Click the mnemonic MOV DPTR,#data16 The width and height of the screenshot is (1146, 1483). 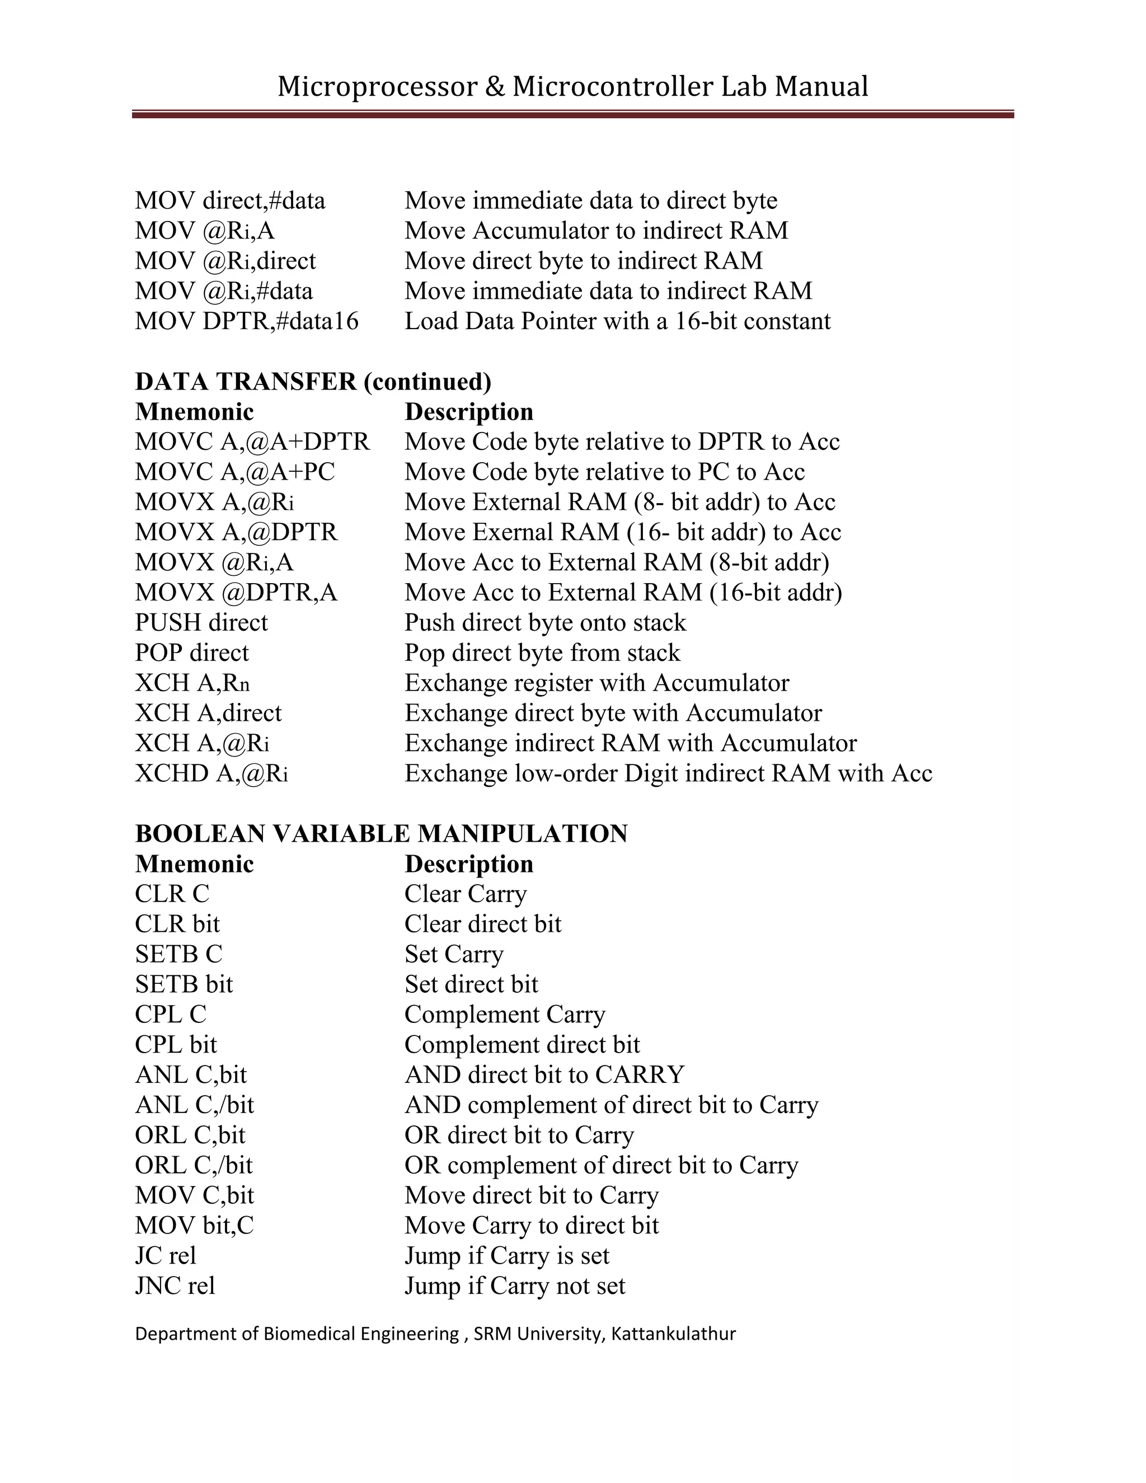[246, 321]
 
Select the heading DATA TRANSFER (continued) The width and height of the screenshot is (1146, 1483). [313, 382]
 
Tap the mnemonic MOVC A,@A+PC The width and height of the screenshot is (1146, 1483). [235, 472]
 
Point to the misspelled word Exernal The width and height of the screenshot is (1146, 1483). [512, 532]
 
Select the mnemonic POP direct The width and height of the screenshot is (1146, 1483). [191, 653]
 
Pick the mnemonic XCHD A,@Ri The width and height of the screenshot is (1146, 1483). [211, 773]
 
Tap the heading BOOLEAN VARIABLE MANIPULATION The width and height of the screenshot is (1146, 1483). [381, 834]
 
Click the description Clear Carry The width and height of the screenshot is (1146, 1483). [465, 894]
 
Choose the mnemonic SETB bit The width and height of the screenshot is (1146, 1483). [184, 984]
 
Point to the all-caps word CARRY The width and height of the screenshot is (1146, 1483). [640, 1075]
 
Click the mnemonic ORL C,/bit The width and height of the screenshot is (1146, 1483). [194, 1165]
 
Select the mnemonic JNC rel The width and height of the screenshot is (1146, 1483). [175, 1286]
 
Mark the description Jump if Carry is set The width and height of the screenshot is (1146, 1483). [506, 1256]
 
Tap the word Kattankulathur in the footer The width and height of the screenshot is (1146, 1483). [673, 1334]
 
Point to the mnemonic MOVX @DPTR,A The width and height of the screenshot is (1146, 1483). [236, 593]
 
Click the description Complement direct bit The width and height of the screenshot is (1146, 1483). [522, 1045]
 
